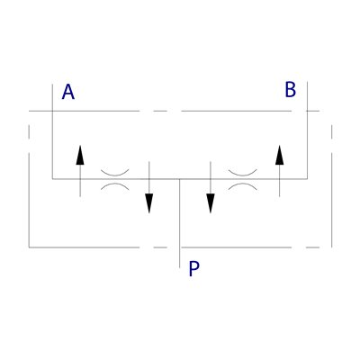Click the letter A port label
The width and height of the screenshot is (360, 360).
click(68, 92)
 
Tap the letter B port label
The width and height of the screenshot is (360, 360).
click(291, 89)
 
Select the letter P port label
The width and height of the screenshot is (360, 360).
click(193, 268)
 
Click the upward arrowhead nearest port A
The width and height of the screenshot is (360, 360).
click(80, 155)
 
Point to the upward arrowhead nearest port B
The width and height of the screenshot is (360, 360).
click(279, 155)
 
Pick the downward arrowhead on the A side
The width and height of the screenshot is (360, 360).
click(149, 203)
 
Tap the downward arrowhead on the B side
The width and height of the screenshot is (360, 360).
click(211, 203)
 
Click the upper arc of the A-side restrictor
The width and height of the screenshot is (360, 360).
click(115, 174)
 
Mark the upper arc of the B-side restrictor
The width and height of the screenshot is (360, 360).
click(243, 174)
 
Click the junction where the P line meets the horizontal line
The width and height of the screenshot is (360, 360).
click(179, 179)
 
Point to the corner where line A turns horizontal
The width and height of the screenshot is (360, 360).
click(52, 179)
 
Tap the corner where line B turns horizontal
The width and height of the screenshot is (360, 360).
click(307, 179)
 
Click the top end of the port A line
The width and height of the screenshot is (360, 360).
click(52, 85)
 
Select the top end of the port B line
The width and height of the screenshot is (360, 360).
click(307, 81)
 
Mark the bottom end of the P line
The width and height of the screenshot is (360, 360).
click(179, 267)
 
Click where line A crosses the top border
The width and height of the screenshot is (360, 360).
click(52, 111)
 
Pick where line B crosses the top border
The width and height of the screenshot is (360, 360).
click(307, 111)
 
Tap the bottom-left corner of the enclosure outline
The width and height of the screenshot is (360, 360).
click(29, 247)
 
